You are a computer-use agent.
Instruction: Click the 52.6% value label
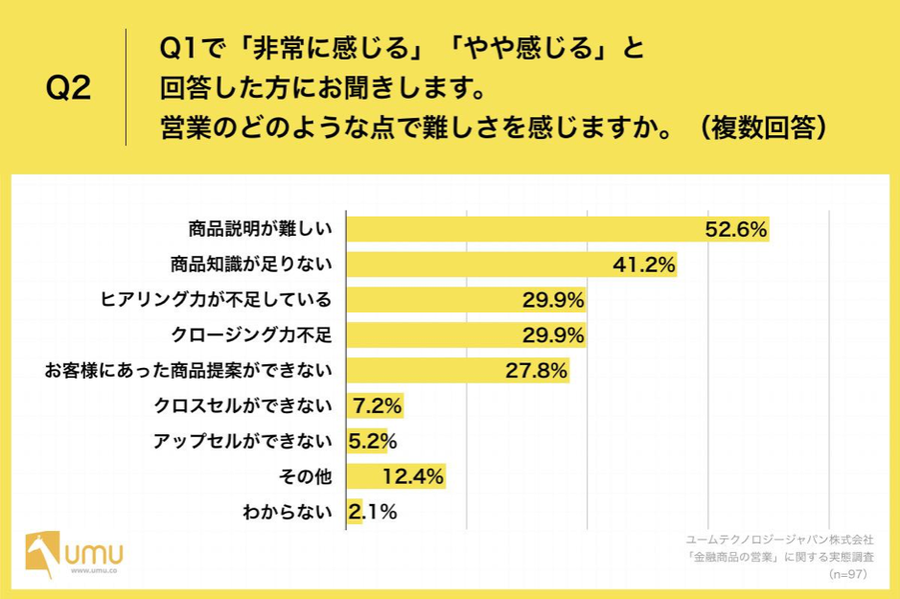click(x=736, y=229)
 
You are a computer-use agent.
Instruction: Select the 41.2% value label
click(x=645, y=265)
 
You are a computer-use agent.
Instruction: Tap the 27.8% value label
click(x=538, y=371)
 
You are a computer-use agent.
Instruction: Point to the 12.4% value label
click(x=413, y=476)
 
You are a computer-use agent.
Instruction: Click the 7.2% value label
click(x=377, y=406)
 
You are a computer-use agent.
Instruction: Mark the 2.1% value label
click(x=372, y=512)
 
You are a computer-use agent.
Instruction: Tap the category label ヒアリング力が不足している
click(x=216, y=300)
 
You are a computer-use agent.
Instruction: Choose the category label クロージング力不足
click(x=250, y=335)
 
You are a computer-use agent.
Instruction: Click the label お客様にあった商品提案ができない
click(x=189, y=371)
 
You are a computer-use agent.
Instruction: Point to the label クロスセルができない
click(x=242, y=406)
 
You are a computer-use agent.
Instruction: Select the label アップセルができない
click(x=242, y=442)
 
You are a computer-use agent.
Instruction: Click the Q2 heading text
click(x=68, y=88)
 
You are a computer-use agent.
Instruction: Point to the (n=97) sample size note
click(x=847, y=573)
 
